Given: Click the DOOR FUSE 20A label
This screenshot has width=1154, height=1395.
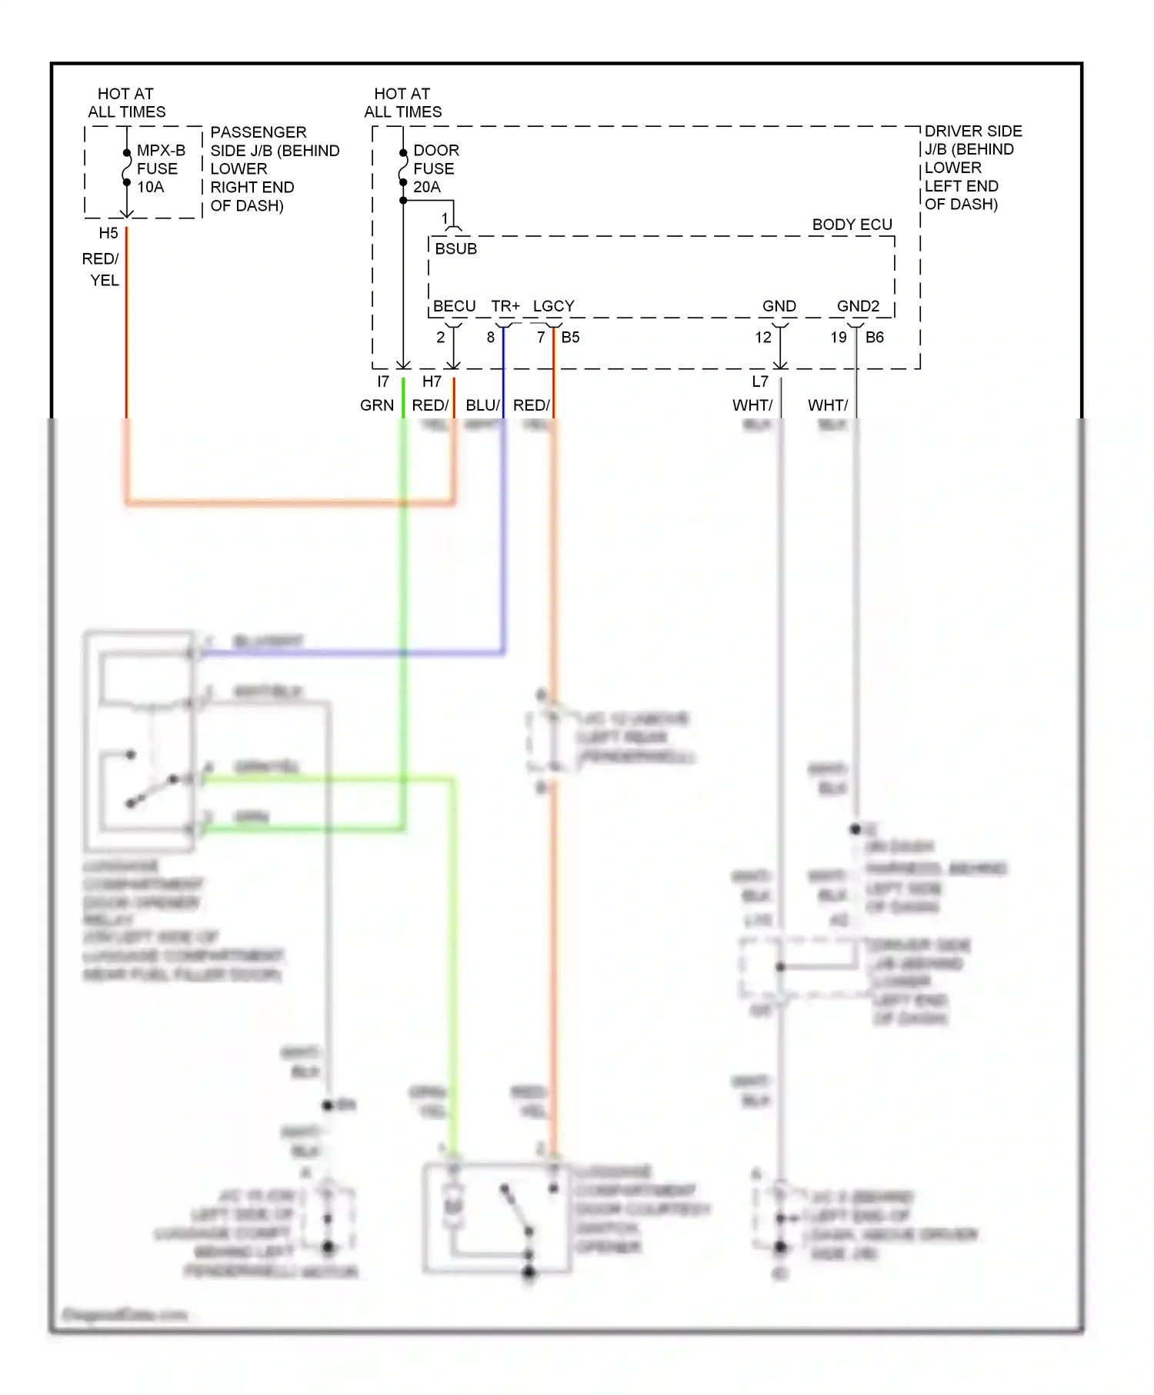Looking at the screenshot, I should coord(435,168).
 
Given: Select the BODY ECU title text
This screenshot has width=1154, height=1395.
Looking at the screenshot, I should coord(852,225).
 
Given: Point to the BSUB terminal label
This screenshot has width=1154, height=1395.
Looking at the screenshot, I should coord(455,248).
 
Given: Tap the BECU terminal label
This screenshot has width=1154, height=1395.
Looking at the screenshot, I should coord(454,306).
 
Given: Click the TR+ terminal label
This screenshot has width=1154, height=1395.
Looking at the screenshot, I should coord(505,306).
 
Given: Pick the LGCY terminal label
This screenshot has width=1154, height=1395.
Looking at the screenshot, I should coord(553,306).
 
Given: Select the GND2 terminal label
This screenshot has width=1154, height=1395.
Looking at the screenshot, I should coord(858,306).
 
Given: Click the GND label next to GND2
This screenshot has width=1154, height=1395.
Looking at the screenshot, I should coord(779,306).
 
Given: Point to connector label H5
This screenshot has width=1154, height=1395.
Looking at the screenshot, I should coord(108,233).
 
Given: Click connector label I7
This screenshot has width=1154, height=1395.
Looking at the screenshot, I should coord(382,381).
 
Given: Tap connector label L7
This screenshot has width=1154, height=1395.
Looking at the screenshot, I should coord(759,381).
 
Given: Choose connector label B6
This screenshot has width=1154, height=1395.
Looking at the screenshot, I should coord(875,337).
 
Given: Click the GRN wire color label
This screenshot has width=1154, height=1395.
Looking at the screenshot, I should coord(377,405).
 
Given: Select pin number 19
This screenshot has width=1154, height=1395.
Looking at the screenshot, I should coord(838,337).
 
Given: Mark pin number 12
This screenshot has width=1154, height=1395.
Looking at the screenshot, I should coord(762,337).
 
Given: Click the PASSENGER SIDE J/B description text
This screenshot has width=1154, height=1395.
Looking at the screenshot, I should coord(274,168).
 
